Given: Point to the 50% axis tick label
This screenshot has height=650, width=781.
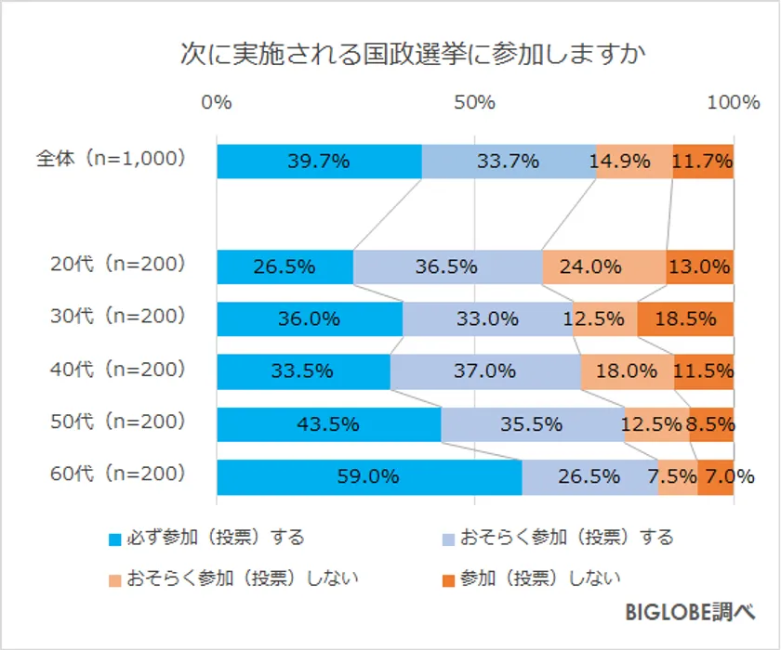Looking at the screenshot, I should [x=475, y=103].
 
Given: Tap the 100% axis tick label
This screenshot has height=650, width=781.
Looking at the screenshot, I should [x=734, y=103].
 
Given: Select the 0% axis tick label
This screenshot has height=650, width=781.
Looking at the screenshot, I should [x=217, y=103].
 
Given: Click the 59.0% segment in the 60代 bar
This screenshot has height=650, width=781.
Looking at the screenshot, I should [x=369, y=477].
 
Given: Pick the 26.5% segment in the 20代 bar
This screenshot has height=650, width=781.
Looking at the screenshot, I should [x=285, y=267].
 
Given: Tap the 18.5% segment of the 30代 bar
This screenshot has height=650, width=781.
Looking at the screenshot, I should [x=685, y=319].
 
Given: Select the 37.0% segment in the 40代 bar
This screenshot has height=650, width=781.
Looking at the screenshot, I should [x=485, y=371].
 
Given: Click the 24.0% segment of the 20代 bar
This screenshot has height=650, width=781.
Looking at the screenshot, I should [x=604, y=267].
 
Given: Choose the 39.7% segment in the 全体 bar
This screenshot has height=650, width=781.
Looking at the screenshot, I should [x=319, y=162].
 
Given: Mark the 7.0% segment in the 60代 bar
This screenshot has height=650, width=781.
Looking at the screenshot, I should [x=716, y=477].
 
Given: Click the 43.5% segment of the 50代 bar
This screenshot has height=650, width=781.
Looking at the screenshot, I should [x=329, y=424].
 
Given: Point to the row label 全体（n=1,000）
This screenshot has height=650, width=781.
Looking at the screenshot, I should [x=112, y=159].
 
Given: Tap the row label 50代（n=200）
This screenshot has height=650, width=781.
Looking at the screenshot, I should [x=118, y=422].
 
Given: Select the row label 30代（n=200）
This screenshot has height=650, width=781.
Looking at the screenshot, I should [x=118, y=317].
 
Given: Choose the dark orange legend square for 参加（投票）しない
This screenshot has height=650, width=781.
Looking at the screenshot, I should [x=448, y=580].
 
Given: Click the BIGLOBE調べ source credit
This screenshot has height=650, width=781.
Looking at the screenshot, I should [x=688, y=615].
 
